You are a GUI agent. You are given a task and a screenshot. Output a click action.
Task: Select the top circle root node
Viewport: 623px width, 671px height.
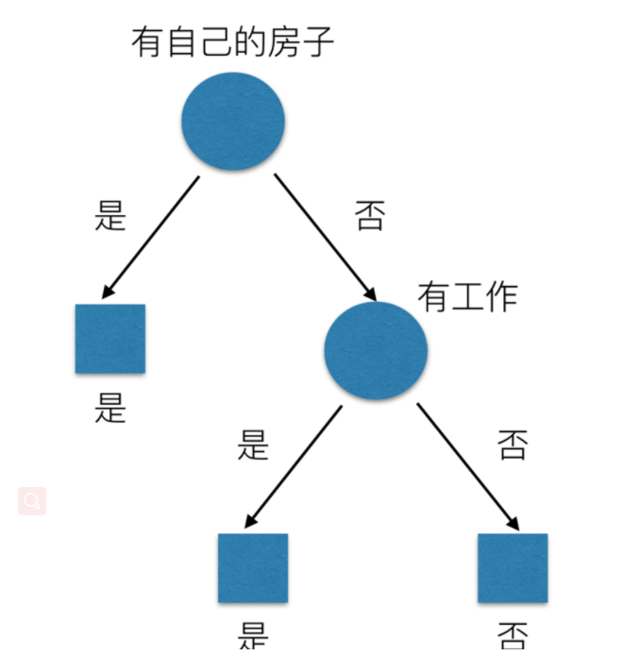pyautogui.click(x=233, y=120)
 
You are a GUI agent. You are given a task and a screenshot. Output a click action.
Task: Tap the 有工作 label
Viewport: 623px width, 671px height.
pyautogui.click(x=467, y=297)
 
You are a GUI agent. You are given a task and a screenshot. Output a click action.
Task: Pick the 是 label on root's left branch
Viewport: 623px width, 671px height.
pyautogui.click(x=111, y=216)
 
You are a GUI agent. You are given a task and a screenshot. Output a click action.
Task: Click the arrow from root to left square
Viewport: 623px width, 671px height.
pyautogui.click(x=151, y=236)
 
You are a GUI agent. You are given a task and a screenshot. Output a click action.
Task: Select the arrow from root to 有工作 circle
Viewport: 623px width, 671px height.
pyautogui.click(x=326, y=236)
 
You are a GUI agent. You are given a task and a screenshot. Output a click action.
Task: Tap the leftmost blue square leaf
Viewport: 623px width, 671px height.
pyautogui.click(x=110, y=338)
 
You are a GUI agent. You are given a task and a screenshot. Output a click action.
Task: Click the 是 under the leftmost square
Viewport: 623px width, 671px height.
pyautogui.click(x=110, y=409)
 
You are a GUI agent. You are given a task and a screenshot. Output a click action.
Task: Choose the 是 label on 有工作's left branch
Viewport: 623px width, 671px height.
pyautogui.click(x=253, y=444)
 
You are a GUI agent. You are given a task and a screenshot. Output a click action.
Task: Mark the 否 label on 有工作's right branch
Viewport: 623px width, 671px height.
pyautogui.click(x=513, y=444)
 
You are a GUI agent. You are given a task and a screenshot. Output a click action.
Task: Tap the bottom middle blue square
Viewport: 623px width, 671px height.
pyautogui.click(x=253, y=568)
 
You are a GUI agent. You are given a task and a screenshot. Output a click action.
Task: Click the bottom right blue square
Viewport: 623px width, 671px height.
pyautogui.click(x=513, y=568)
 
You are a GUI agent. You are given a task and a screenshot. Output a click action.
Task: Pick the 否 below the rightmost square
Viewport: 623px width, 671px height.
pyautogui.click(x=513, y=635)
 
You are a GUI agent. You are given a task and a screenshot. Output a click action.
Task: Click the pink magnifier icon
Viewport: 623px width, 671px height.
pyautogui.click(x=32, y=501)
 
